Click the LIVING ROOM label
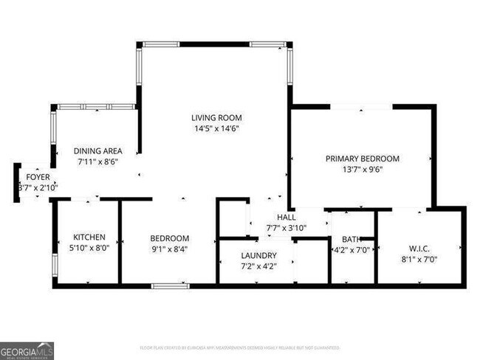point(216,117)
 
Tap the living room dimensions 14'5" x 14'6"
point(216,128)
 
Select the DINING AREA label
point(99,150)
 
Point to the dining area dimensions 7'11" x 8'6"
point(98,161)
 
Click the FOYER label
point(38,177)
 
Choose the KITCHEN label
point(88,237)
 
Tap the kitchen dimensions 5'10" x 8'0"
point(89,248)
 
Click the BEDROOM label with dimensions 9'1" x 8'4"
point(169,238)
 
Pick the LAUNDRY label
point(258,255)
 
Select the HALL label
point(286,218)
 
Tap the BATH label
point(351,239)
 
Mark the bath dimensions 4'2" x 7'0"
point(351,249)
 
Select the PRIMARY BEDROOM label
point(362,158)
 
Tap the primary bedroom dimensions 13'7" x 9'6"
point(362,169)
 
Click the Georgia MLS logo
point(27,350)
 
